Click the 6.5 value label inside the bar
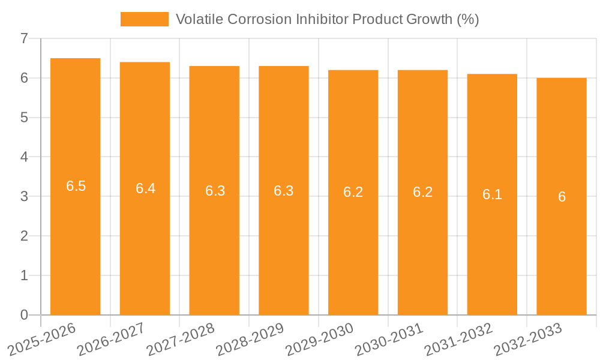click(x=76, y=186)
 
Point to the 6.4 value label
click(x=145, y=188)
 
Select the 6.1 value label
click(x=492, y=194)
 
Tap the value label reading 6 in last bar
click(x=562, y=197)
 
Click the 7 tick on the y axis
click(x=24, y=39)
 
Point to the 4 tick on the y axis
click(x=24, y=157)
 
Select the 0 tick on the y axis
click(x=24, y=315)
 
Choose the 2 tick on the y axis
click(x=24, y=236)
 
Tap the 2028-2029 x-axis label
click(x=250, y=338)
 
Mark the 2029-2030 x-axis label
click(x=319, y=338)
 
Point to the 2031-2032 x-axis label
click(x=458, y=338)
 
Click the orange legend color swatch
click(x=145, y=19)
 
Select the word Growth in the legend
click(x=430, y=19)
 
